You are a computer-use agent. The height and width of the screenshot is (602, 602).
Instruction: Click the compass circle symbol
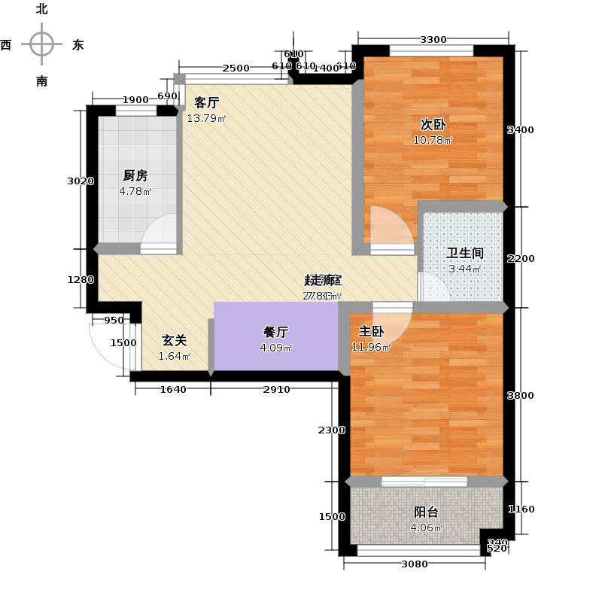coord(41,44)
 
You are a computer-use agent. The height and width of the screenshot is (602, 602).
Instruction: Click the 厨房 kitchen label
coord(135,176)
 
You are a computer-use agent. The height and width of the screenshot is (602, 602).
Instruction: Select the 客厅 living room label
coord(206,103)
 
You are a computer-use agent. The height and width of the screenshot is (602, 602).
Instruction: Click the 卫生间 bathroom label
coord(464,254)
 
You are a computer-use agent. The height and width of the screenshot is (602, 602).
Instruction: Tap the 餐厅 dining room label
coord(275,332)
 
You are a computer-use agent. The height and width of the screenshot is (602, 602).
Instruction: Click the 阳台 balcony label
coord(426,512)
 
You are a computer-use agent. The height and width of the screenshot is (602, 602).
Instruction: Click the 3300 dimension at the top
coord(433,40)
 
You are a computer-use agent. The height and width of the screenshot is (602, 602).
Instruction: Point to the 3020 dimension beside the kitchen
coord(80,181)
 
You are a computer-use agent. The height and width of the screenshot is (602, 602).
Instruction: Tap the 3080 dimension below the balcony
coord(415,564)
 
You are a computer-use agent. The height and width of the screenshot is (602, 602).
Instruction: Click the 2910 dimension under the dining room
coord(275,389)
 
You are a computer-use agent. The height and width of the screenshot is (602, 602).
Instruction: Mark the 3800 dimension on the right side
coord(520,396)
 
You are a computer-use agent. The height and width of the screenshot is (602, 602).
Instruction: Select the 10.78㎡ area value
coord(433,141)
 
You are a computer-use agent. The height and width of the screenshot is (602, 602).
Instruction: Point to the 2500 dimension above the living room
coord(236,68)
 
